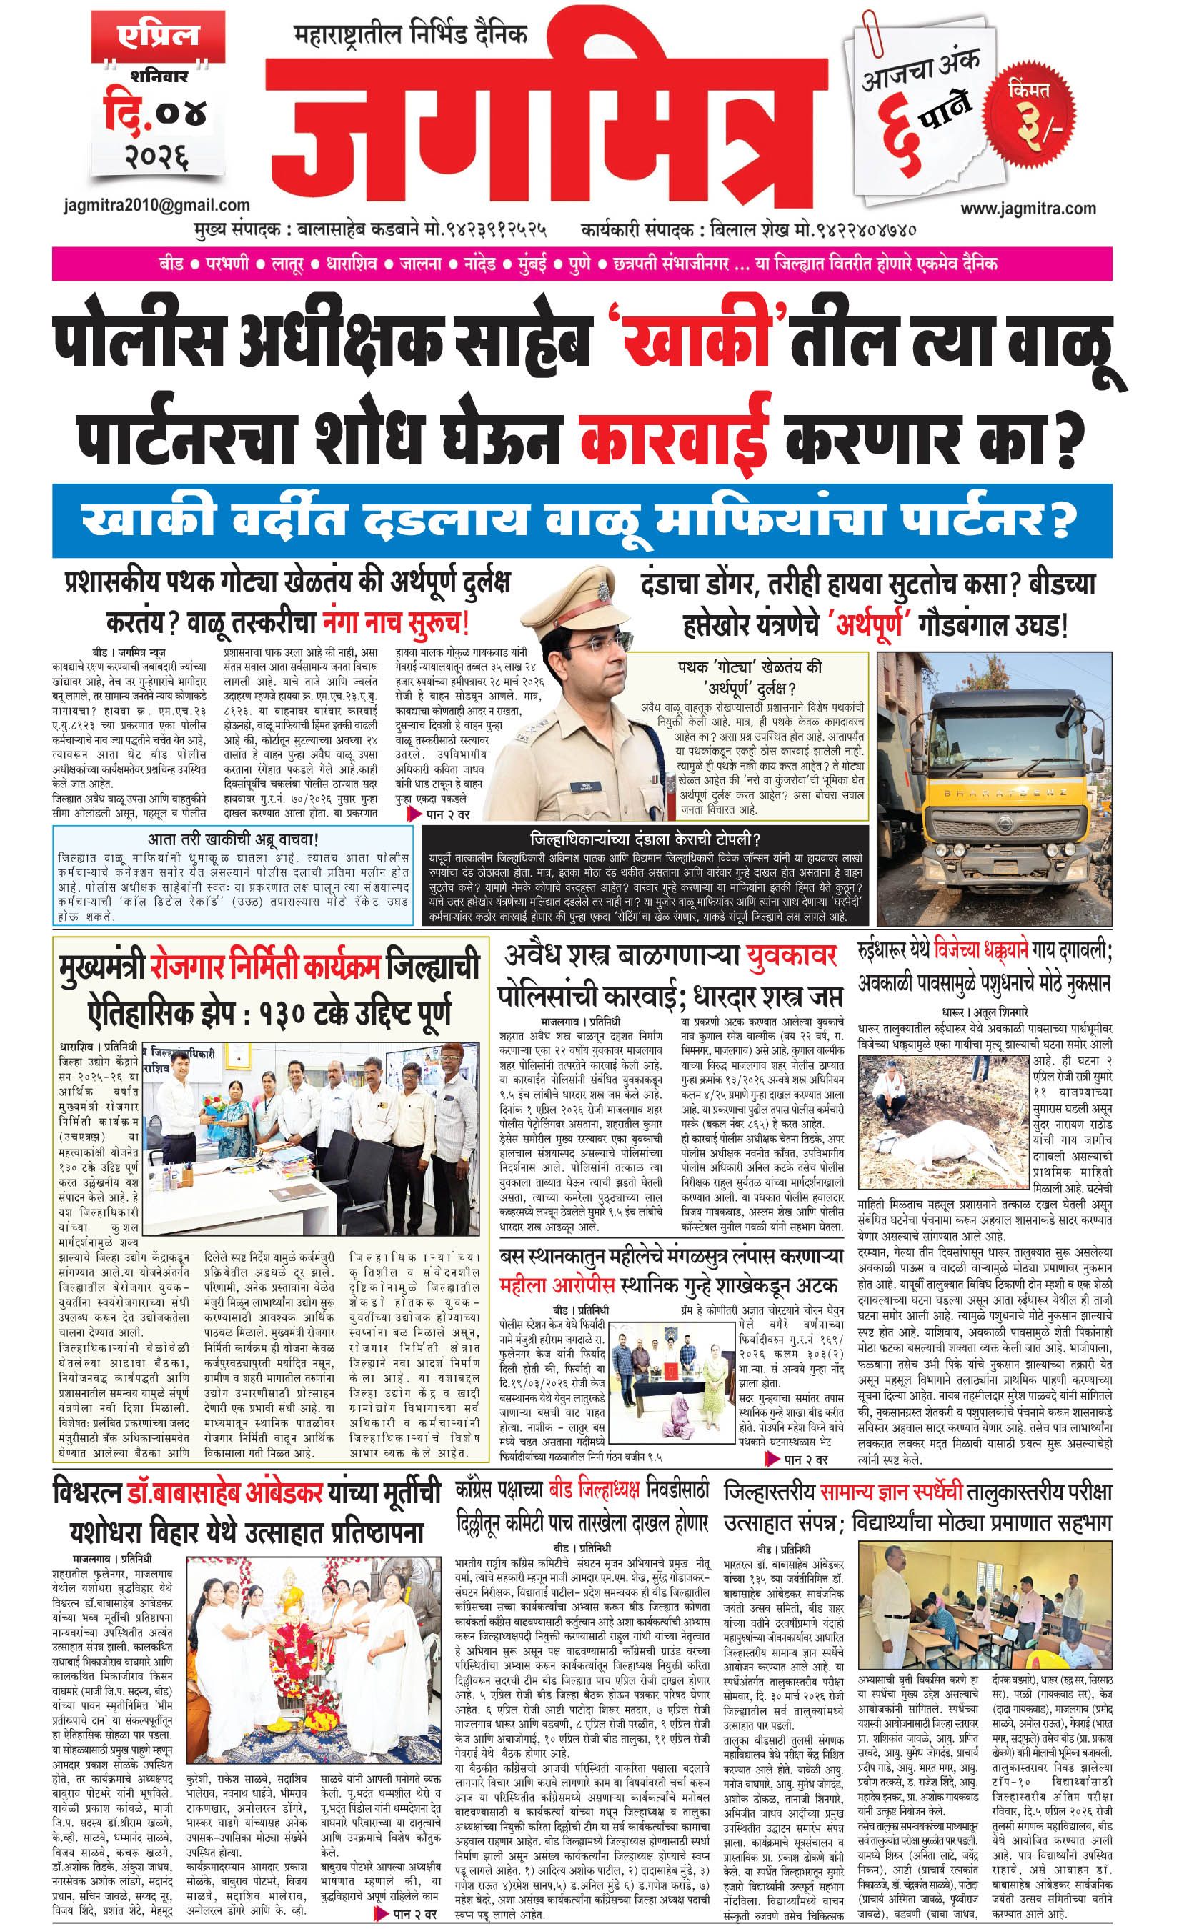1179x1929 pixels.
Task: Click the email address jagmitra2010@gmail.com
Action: pos(156,206)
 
